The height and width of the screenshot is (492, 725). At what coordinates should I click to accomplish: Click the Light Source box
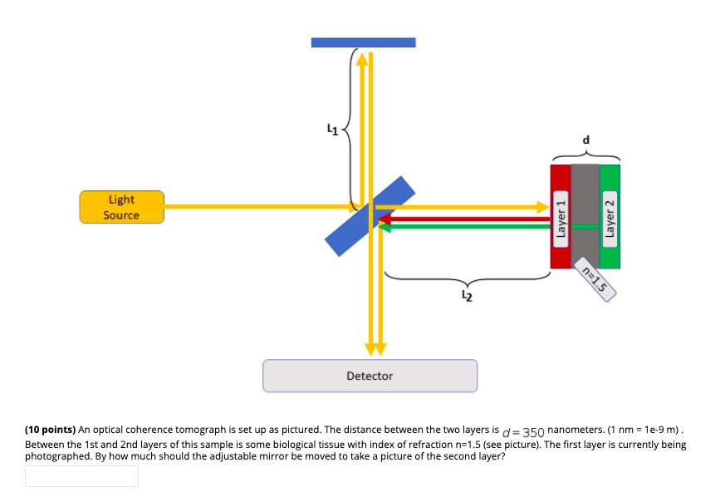point(121,207)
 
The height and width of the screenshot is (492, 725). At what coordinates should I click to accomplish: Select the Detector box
point(370,376)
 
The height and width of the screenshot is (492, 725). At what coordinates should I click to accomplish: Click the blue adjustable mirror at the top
point(363,42)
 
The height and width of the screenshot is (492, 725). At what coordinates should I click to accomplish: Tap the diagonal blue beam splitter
point(370,216)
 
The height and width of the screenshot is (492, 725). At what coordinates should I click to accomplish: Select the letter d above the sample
point(586,140)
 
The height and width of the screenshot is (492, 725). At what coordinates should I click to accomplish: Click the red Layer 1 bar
point(561,216)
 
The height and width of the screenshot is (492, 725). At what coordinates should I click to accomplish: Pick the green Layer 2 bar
point(610,216)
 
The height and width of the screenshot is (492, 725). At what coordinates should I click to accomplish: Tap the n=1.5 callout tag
point(595,280)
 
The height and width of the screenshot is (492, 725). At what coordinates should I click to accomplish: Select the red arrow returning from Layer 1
point(465,219)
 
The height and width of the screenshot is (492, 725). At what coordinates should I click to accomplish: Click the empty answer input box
point(81,476)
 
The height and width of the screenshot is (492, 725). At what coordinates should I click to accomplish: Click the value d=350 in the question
point(523,432)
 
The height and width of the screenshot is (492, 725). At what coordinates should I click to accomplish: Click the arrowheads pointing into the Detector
point(375,347)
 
